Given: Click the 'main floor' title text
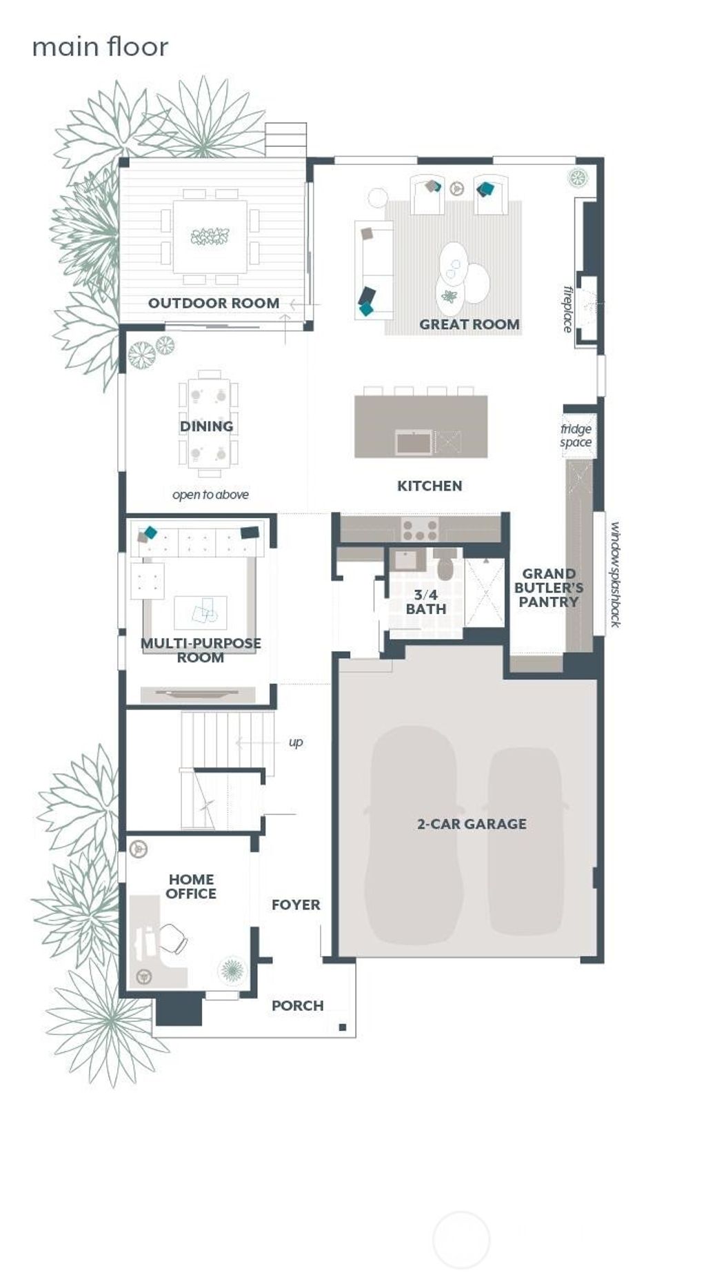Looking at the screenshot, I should click(x=100, y=47).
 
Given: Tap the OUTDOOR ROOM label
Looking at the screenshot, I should click(x=214, y=303).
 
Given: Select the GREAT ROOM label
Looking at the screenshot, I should click(x=469, y=324).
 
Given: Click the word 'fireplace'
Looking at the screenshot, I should click(x=568, y=309).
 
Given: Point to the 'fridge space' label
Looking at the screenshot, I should click(x=576, y=435).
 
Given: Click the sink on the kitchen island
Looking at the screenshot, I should click(x=414, y=442).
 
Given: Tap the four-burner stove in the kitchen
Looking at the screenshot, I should click(x=420, y=530).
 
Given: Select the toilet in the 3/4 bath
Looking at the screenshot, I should click(x=445, y=566).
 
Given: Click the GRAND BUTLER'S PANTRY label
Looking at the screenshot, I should click(x=549, y=588).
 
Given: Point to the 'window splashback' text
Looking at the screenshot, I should click(x=615, y=574).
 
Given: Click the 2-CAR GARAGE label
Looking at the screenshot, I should click(x=472, y=824).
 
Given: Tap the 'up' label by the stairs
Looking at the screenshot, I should click(x=296, y=742).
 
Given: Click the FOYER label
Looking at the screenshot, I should click(x=296, y=905).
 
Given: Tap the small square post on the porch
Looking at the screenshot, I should click(x=343, y=1027).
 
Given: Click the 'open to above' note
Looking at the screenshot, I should click(x=210, y=495).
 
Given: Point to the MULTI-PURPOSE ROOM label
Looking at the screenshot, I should click(x=201, y=650).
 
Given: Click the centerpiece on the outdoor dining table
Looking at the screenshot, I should click(x=210, y=237).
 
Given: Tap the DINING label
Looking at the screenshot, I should click(x=206, y=426).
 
